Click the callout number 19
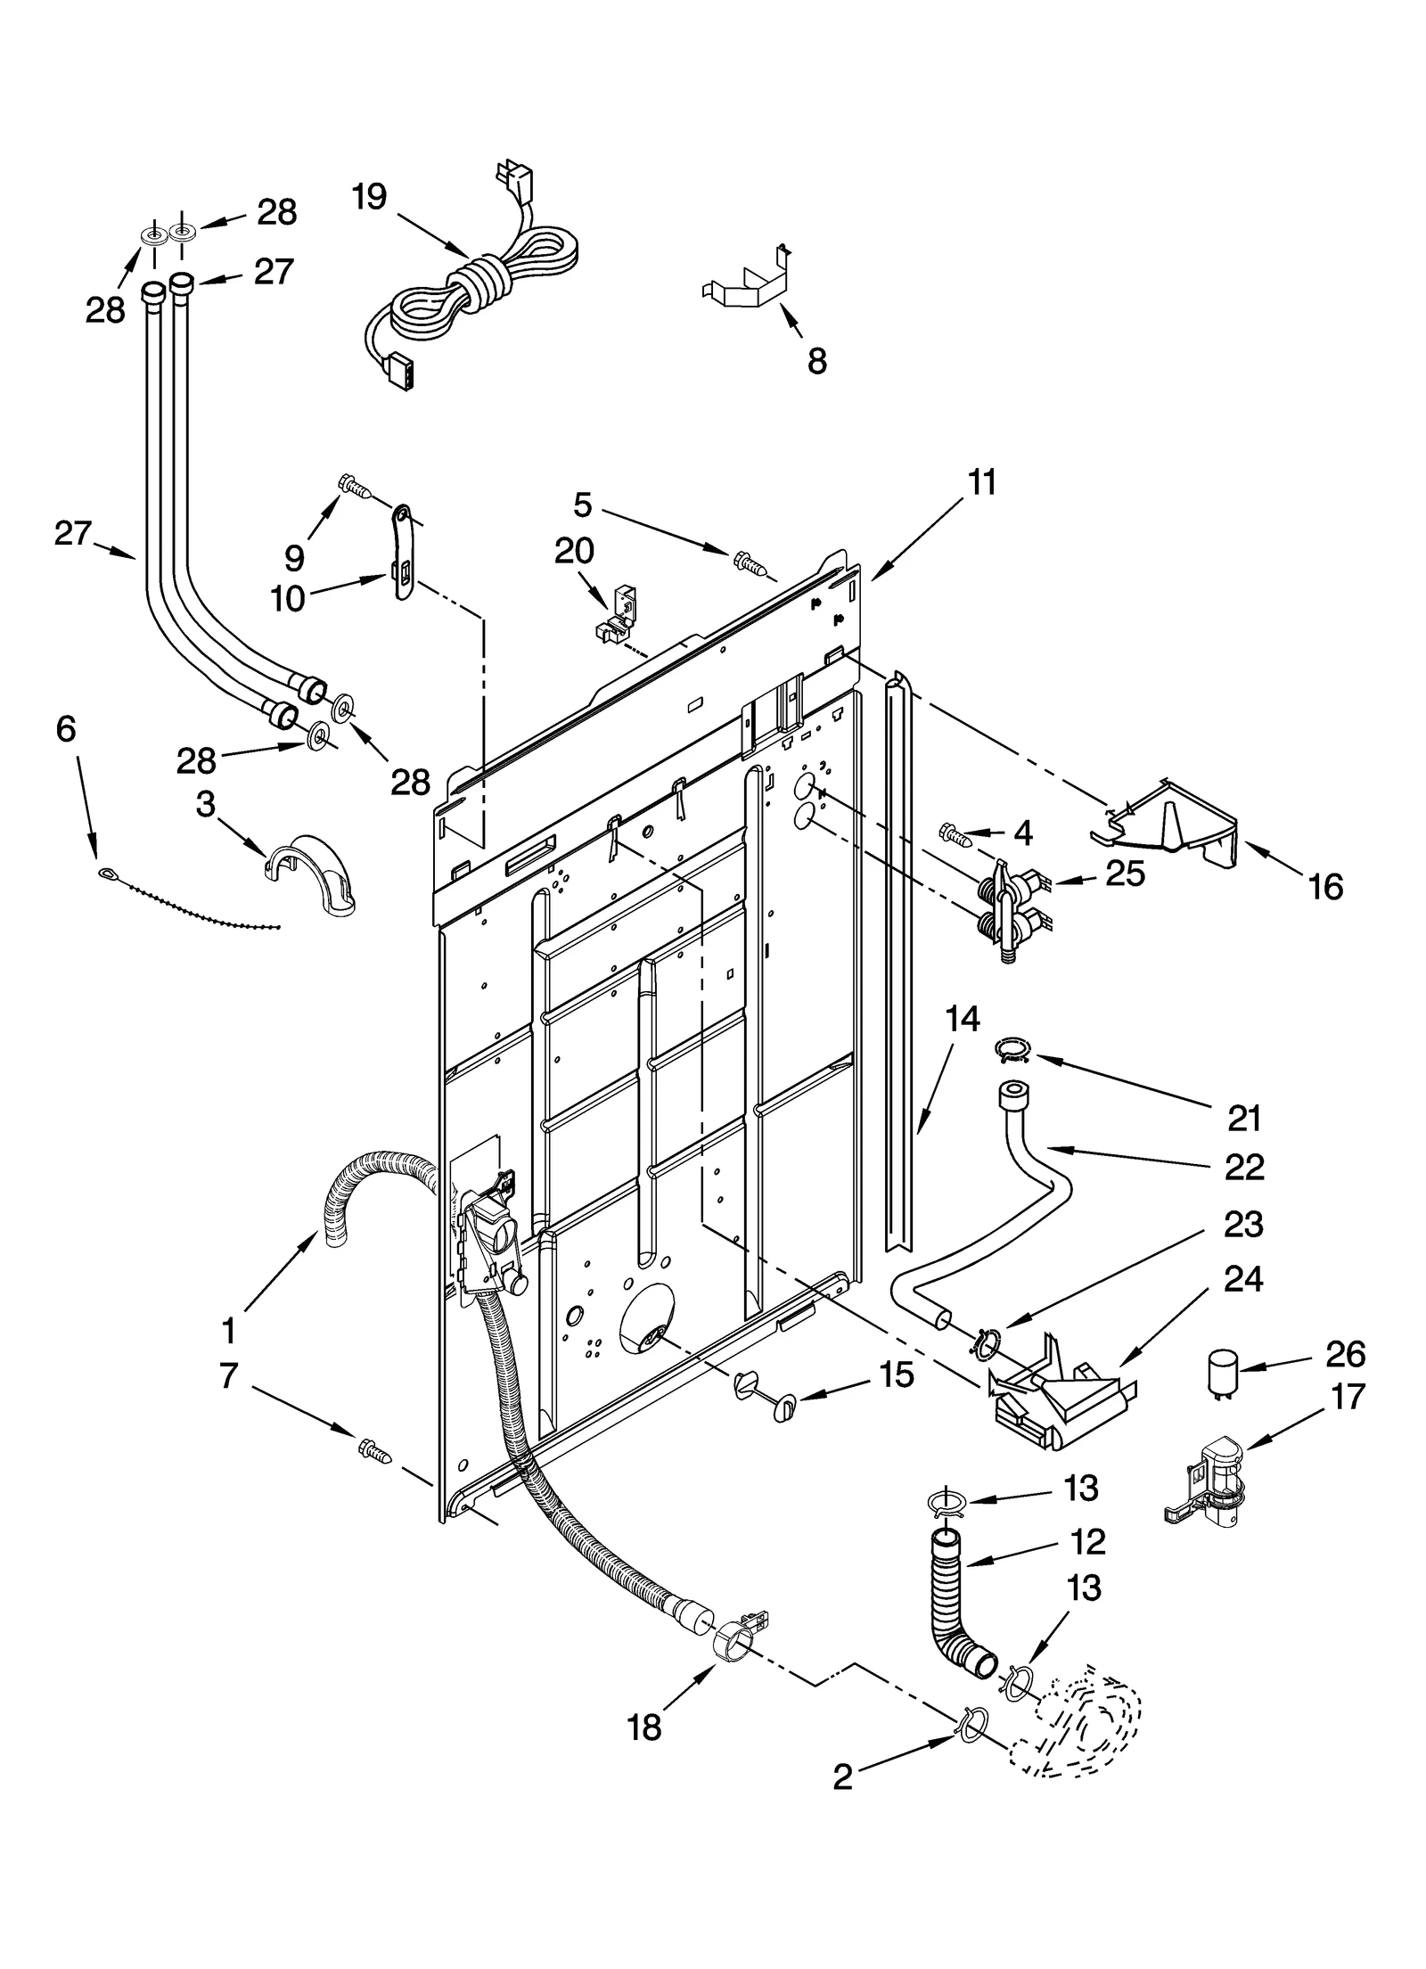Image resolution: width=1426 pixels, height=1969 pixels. pyautogui.click(x=368, y=196)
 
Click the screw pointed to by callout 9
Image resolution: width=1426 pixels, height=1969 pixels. pyautogui.click(x=355, y=486)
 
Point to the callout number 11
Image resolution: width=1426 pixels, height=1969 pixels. pyautogui.click(x=981, y=482)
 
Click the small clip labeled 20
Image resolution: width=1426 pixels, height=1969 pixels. pyautogui.click(x=616, y=613)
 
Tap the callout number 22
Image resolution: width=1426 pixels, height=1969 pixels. pyautogui.click(x=1244, y=1167)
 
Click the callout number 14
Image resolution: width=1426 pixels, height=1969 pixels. pyautogui.click(x=963, y=1018)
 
